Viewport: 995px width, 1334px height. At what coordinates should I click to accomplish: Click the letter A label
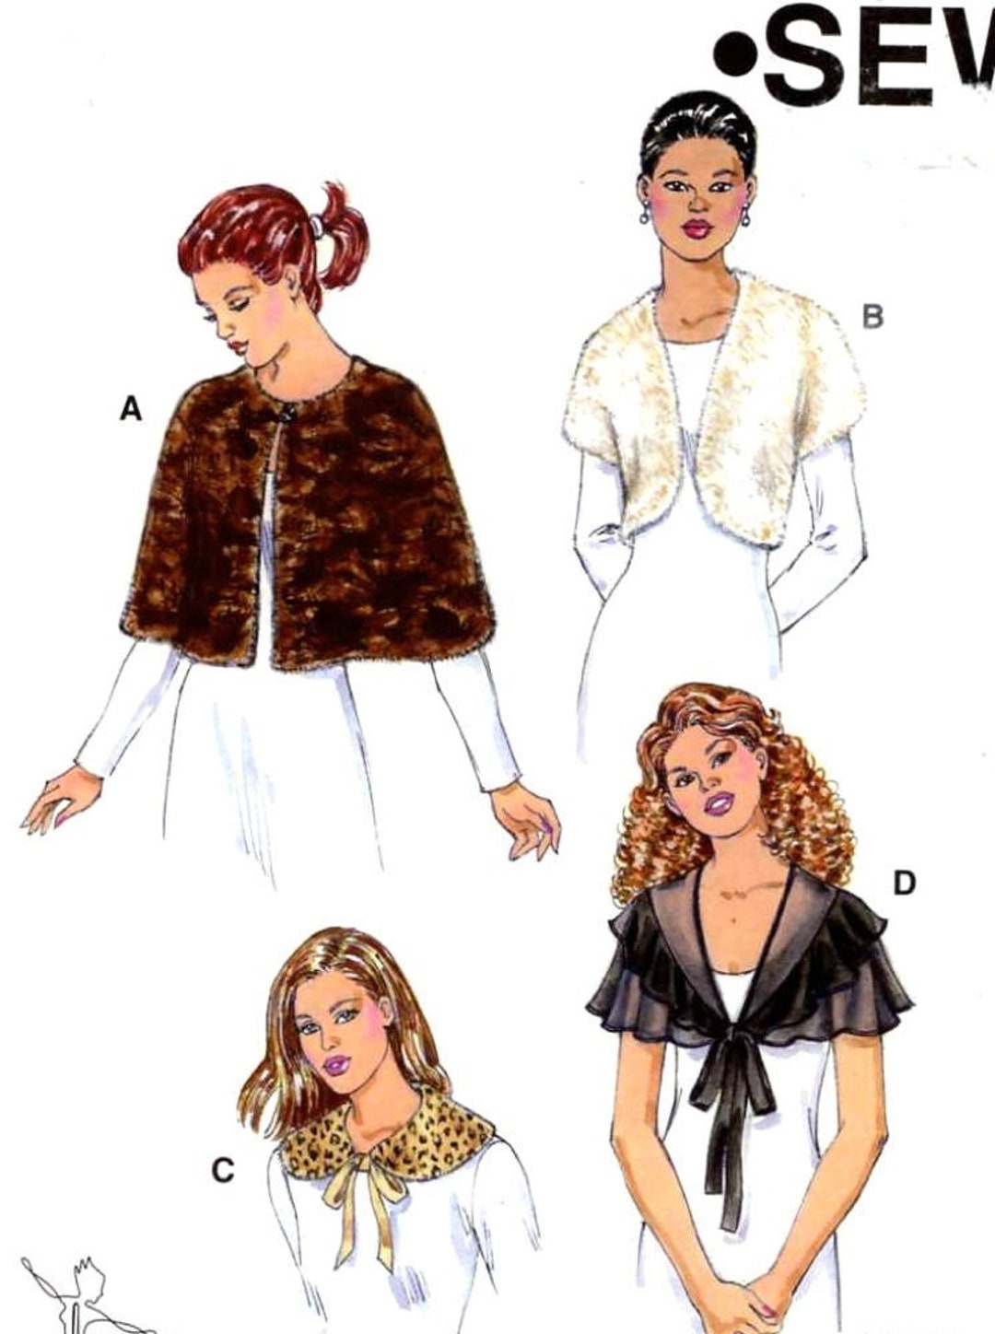tap(132, 408)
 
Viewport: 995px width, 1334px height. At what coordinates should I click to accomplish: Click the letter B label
tap(872, 317)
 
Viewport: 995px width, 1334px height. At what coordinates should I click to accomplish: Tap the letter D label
tap(904, 883)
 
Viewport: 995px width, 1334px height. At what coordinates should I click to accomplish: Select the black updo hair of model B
tap(698, 129)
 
